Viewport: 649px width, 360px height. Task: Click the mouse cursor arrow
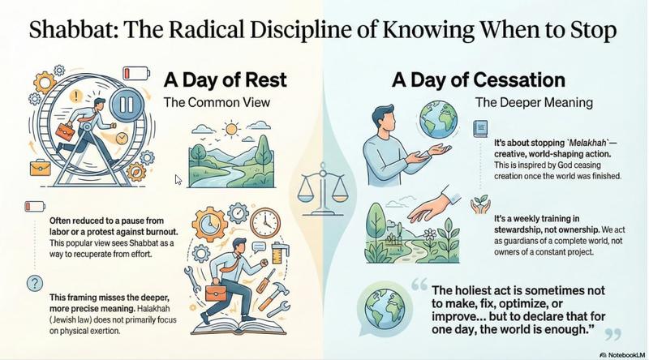[x=178, y=178]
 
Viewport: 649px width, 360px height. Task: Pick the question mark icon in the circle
[x=34, y=283]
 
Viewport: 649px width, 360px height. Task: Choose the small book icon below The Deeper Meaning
[x=479, y=148]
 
